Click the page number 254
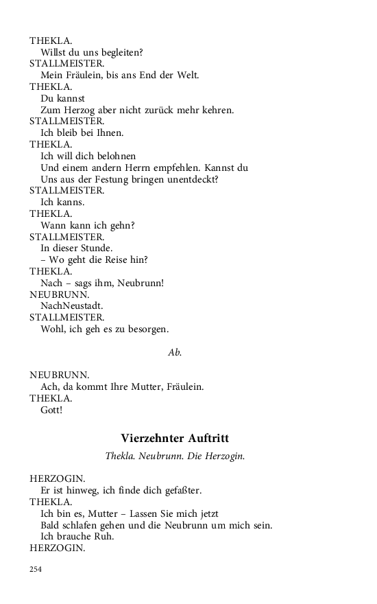36,569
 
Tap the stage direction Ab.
175,352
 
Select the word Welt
188,75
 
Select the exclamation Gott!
51,410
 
